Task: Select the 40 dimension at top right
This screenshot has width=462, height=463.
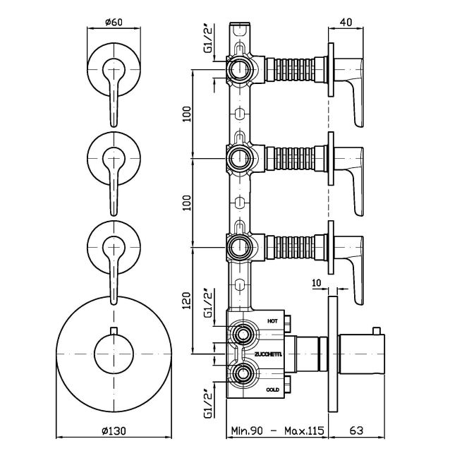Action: (346, 23)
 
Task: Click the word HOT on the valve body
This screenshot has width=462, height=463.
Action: (273, 320)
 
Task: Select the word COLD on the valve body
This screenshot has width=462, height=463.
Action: (273, 389)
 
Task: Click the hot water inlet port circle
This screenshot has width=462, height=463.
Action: (243, 335)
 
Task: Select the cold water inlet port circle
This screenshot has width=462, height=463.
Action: (243, 373)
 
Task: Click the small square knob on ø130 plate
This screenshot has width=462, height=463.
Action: (112, 332)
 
